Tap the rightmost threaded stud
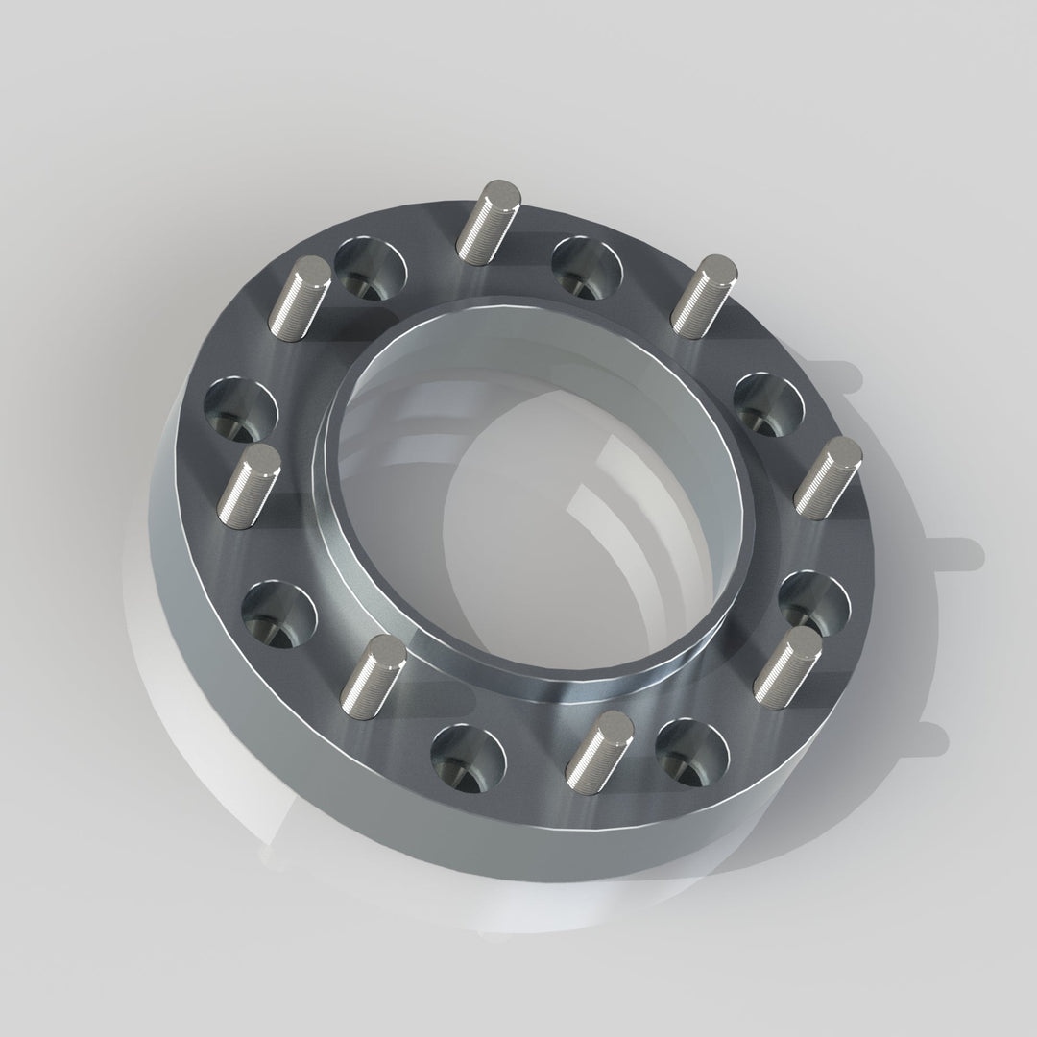[x=828, y=477]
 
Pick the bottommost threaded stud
[x=597, y=745]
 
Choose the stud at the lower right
[x=786, y=663]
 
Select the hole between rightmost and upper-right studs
[x=769, y=405]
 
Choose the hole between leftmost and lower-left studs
[x=277, y=612]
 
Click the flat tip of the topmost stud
[x=498, y=189]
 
